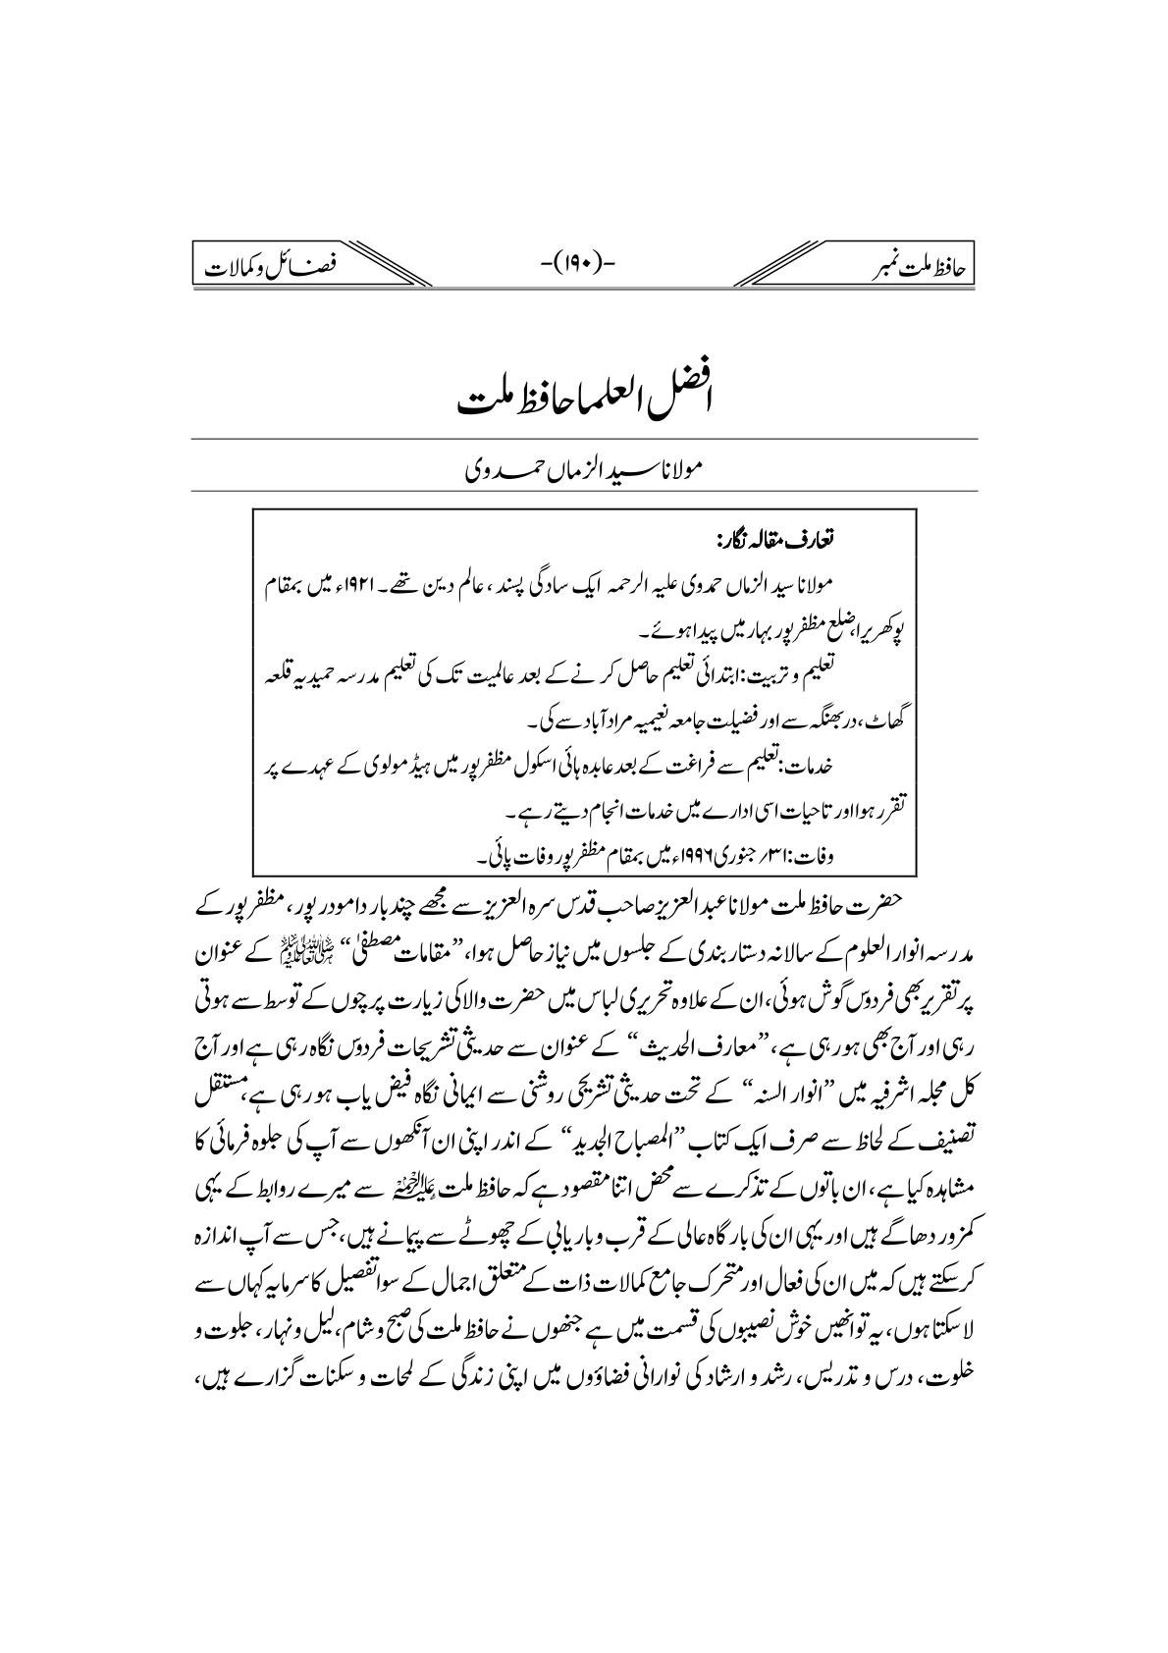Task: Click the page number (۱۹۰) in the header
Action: click(584, 264)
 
